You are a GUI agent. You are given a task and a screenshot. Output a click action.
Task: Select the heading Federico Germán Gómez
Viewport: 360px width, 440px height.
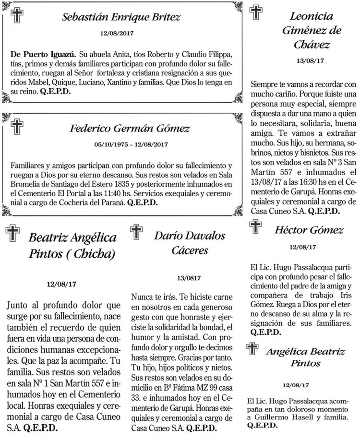click(130, 129)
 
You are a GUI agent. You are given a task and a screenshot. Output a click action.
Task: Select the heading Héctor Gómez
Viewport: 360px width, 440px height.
click(309, 230)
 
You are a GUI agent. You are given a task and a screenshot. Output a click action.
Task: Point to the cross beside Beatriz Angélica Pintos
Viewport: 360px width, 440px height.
click(12, 234)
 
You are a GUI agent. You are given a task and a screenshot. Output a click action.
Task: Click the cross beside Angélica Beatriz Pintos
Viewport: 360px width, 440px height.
click(251, 349)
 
